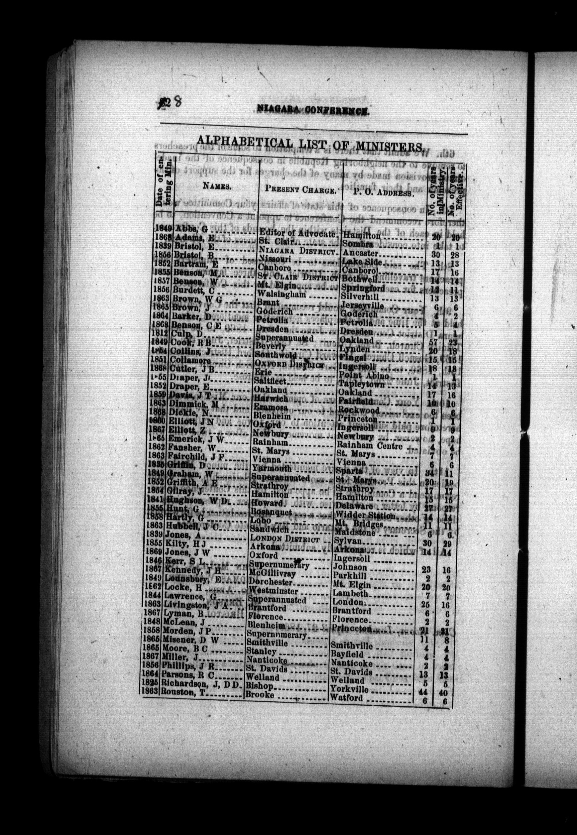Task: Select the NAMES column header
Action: [217, 186]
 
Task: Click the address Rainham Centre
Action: [370, 446]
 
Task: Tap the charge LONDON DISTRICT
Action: [285, 539]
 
